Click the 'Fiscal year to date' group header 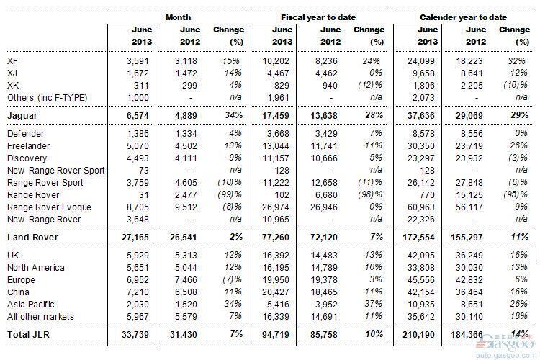pyautogui.click(x=318, y=17)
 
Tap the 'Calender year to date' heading pyautogui.click(x=463, y=17)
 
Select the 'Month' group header pyautogui.click(x=178, y=17)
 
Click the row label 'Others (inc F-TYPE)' pyautogui.click(x=48, y=98)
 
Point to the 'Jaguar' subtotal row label pyautogui.click(x=22, y=116)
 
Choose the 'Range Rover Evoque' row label pyautogui.click(x=49, y=207)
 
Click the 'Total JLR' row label pyautogui.click(x=28, y=335)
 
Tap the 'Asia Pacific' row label pyautogui.click(x=31, y=305)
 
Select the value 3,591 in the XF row pyautogui.click(x=138, y=61)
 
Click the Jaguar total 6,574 pyautogui.click(x=138, y=116)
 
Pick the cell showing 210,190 pyautogui.click(x=418, y=335)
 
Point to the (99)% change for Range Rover pyautogui.click(x=230, y=194)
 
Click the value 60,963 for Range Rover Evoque pyautogui.click(x=421, y=207)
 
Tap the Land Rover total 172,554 pyautogui.click(x=418, y=238)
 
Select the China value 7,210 pyautogui.click(x=138, y=292)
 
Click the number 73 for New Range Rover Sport pyautogui.click(x=143, y=171)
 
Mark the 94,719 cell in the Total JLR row pyautogui.click(x=276, y=335)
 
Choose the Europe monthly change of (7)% pyautogui.click(x=232, y=280)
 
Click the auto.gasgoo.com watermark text pyautogui.click(x=506, y=356)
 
